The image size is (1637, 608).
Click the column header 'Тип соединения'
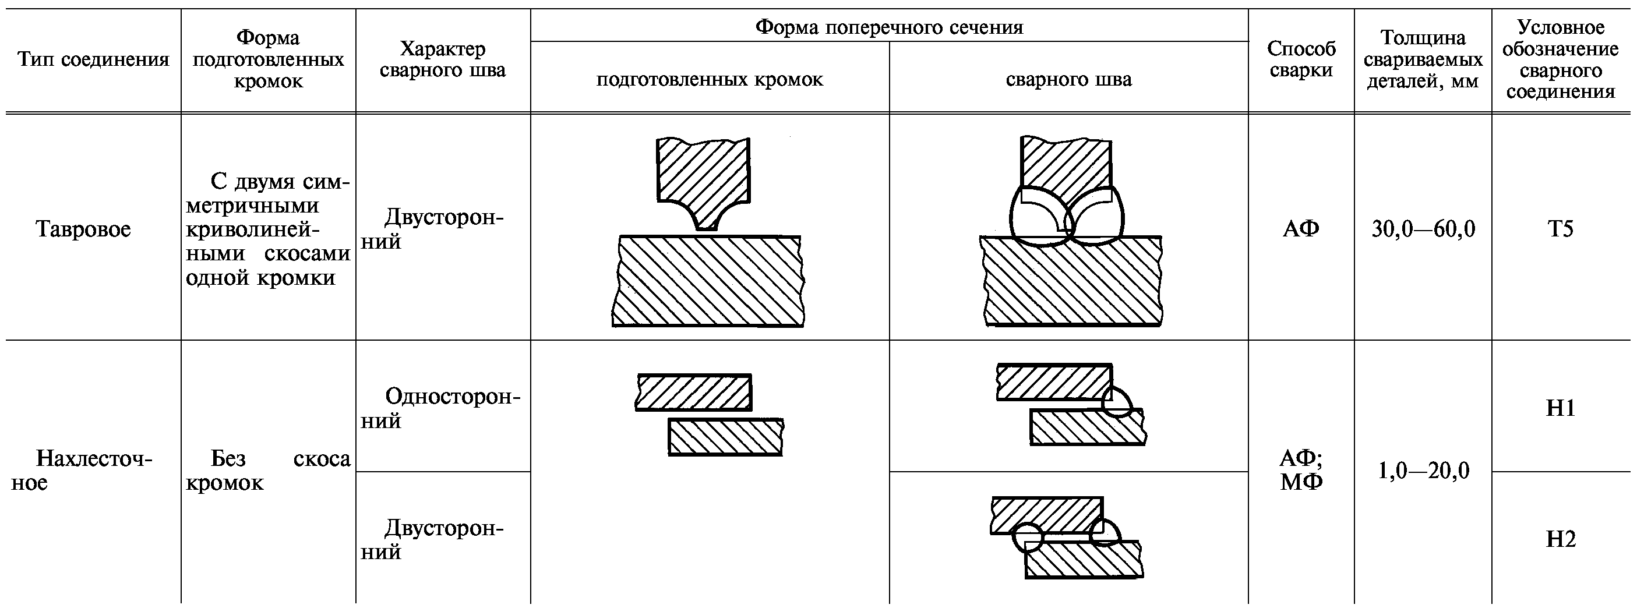point(93,60)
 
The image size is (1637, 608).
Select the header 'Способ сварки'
point(1301,60)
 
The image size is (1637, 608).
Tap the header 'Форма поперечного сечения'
point(888,27)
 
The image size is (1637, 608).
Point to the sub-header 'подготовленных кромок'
point(709,79)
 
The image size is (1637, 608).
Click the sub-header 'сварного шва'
point(1068,79)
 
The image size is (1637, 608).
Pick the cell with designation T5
point(1560,229)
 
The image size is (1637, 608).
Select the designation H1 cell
point(1560,408)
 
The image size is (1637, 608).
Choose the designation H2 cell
point(1560,539)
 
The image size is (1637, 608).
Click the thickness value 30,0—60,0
point(1423,229)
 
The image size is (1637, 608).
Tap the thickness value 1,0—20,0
point(1423,471)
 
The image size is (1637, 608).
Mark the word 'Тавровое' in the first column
point(83,229)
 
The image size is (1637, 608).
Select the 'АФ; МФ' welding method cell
point(1301,470)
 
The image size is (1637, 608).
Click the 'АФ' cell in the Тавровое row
point(1301,229)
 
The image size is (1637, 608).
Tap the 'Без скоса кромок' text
point(267,470)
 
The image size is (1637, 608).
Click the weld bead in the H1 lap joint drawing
point(1117,403)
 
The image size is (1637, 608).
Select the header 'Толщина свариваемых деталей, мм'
point(1423,60)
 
